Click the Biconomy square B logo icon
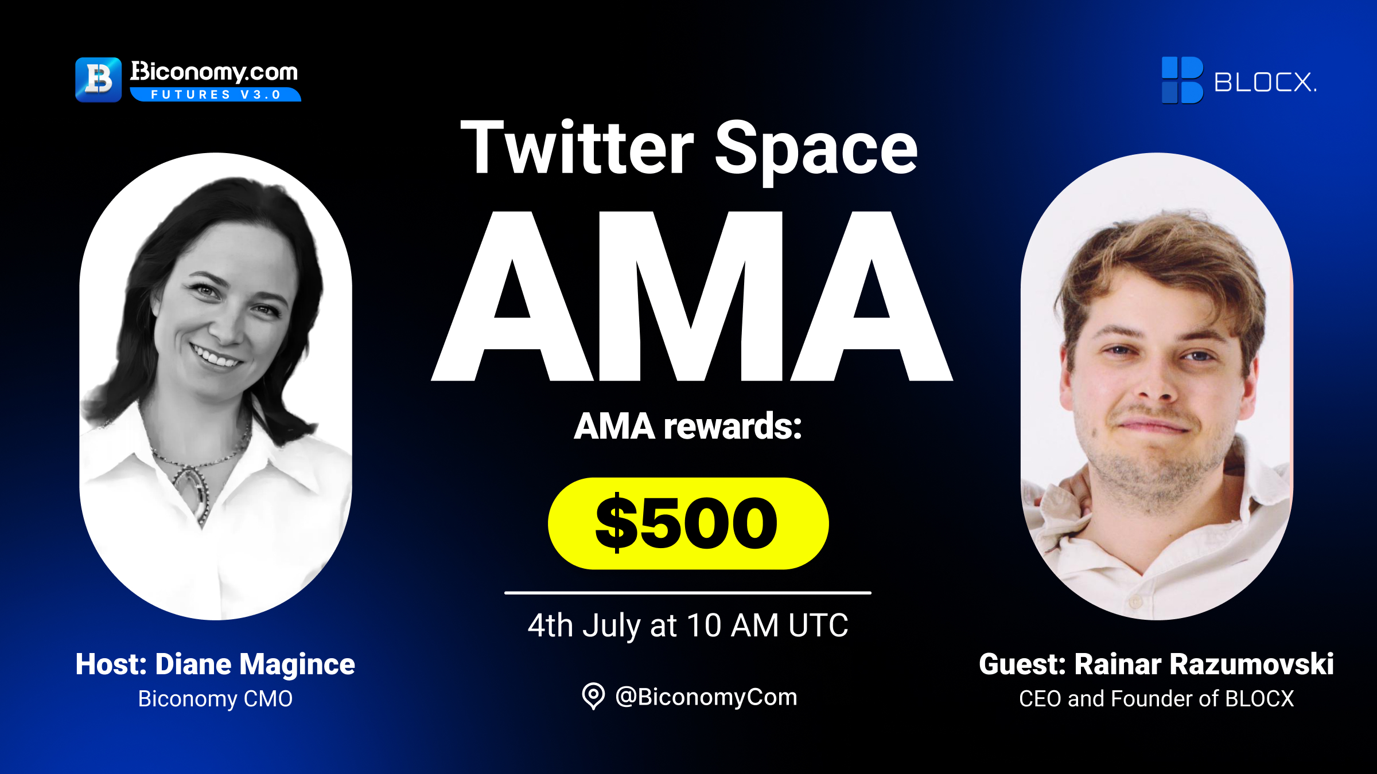[98, 80]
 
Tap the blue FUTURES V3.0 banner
[216, 95]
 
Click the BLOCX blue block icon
[1182, 80]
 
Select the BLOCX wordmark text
[1265, 82]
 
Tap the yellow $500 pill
[688, 523]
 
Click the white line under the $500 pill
[688, 593]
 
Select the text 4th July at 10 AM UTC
[688, 625]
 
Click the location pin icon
[593, 696]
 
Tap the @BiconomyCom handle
[706, 697]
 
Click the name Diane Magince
[255, 664]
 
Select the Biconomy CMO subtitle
[215, 699]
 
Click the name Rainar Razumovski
[1204, 664]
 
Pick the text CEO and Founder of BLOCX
[1157, 699]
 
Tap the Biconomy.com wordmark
[214, 72]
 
